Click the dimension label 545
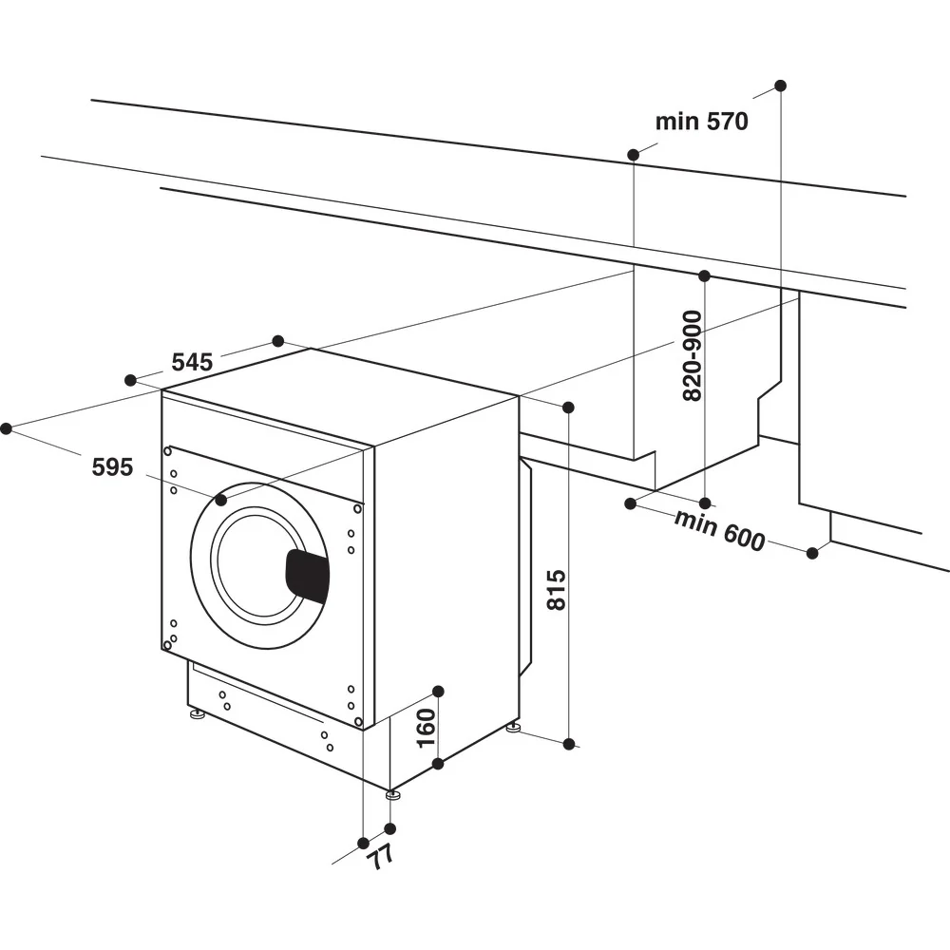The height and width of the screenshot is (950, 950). pyautogui.click(x=192, y=362)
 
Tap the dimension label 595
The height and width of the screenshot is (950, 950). pyautogui.click(x=112, y=466)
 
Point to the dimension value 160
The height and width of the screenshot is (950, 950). pyautogui.click(x=427, y=727)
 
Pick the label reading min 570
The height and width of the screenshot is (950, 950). pyautogui.click(x=701, y=122)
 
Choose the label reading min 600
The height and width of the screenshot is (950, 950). pyautogui.click(x=719, y=530)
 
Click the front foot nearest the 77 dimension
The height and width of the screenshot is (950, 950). pyautogui.click(x=391, y=794)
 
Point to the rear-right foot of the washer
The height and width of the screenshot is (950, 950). pyautogui.click(x=513, y=730)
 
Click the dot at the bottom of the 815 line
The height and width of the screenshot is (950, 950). pyautogui.click(x=569, y=744)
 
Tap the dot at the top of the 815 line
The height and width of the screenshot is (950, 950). pyautogui.click(x=568, y=408)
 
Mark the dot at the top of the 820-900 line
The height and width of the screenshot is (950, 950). pyautogui.click(x=704, y=275)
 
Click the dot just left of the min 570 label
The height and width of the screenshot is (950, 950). pyautogui.click(x=633, y=153)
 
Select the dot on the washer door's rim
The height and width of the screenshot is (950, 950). pyautogui.click(x=221, y=499)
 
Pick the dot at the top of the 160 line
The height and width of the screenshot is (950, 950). pyautogui.click(x=438, y=691)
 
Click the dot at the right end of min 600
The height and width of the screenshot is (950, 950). pyautogui.click(x=812, y=552)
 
